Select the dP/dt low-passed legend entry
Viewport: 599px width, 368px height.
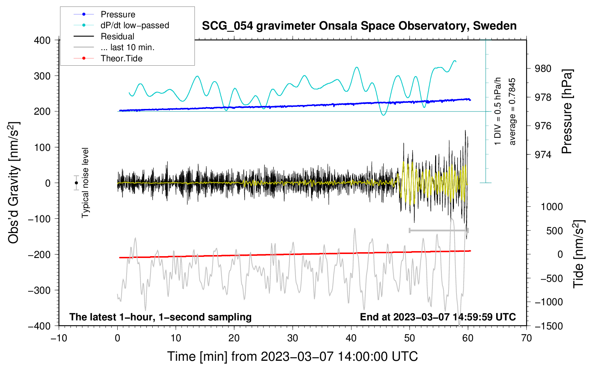pyautogui.click(x=135, y=25)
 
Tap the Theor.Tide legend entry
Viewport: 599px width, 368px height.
pyautogui.click(x=121, y=58)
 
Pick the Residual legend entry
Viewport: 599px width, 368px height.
pyautogui.click(x=117, y=36)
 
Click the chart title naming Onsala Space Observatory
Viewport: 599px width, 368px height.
pyautogui.click(x=359, y=26)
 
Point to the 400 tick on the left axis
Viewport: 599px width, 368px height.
pyautogui.click(x=42, y=40)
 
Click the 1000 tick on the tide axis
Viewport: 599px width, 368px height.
pyautogui.click(x=551, y=207)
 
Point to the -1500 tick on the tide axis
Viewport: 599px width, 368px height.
pyautogui.click(x=548, y=326)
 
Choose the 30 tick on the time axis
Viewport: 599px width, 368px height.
pyautogui.click(x=293, y=338)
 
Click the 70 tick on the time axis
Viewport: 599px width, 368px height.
pyautogui.click(x=526, y=338)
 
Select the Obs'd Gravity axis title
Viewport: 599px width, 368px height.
pyautogui.click(x=14, y=183)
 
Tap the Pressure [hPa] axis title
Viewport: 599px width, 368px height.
pyautogui.click(x=567, y=112)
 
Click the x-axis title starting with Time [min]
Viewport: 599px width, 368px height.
pyautogui.click(x=293, y=356)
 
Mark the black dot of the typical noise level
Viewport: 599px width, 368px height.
pyautogui.click(x=76, y=183)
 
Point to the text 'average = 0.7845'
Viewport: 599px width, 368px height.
pyautogui.click(x=512, y=112)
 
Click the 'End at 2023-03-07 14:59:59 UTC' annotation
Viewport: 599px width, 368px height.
pyautogui.click(x=438, y=317)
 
